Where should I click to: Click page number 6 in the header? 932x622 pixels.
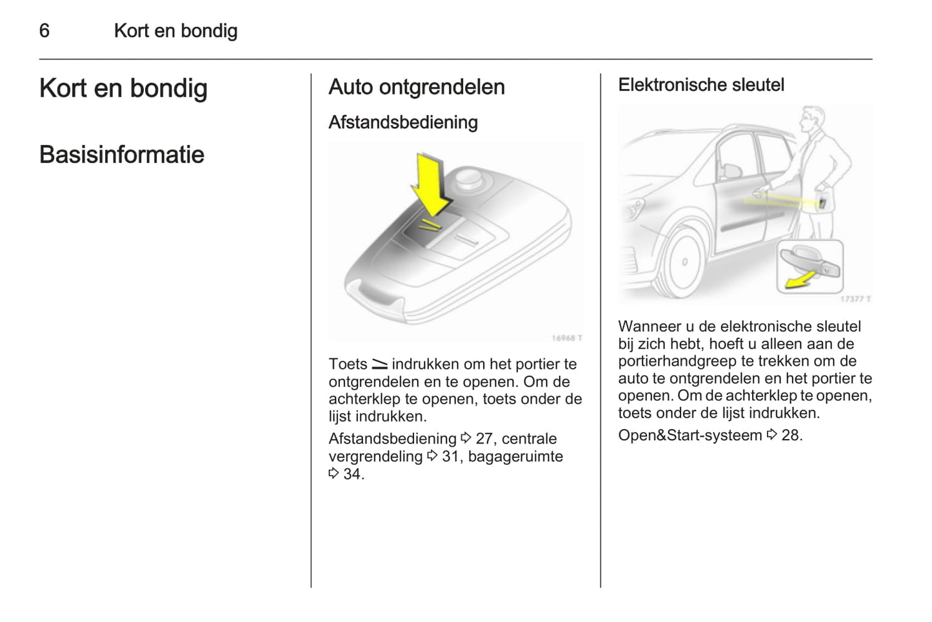coord(44,30)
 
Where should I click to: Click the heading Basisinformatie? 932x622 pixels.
coord(121,155)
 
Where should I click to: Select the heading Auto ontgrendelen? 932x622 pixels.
coord(416,87)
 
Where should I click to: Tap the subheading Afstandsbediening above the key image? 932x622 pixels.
coord(402,122)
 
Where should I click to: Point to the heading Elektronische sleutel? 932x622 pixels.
coord(700,85)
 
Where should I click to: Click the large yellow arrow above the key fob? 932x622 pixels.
coord(431,184)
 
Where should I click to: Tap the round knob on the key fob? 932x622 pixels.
coord(469,177)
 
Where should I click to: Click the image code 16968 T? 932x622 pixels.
coord(566,338)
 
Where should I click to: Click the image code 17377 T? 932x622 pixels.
coord(855,299)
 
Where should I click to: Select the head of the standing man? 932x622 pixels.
coord(811,121)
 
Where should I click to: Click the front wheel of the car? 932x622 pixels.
coord(682,263)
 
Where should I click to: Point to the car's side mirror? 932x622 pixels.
coord(731,170)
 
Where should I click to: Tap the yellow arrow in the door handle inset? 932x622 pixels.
coord(799,280)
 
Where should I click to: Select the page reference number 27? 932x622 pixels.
coord(484,439)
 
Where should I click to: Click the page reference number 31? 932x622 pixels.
coord(450,457)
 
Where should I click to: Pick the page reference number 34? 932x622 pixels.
coord(353,474)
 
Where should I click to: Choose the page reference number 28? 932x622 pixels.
coord(791,436)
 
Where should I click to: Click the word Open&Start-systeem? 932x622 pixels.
coord(689,436)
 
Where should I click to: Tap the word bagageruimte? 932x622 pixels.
coord(515,457)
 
